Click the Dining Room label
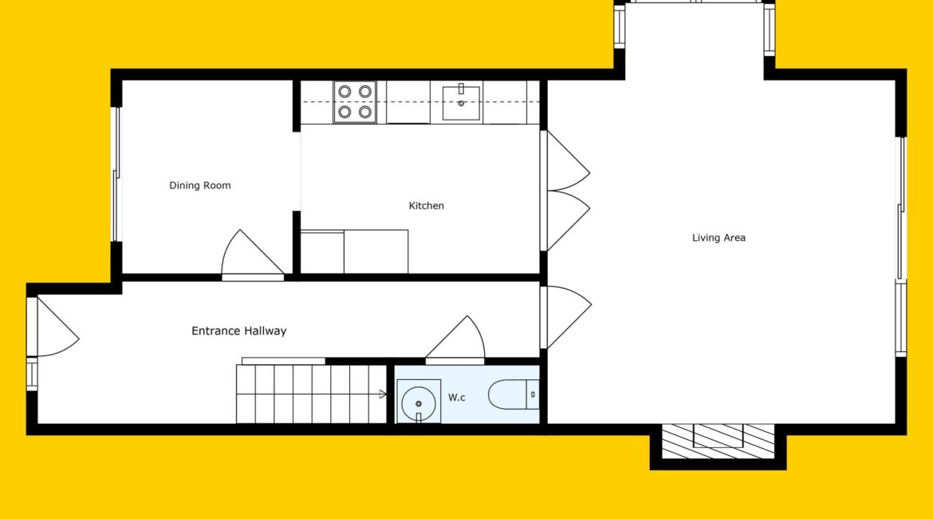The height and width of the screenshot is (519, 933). coord(200,185)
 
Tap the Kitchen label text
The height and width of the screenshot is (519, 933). coord(426,205)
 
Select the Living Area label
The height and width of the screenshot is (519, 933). coord(718,238)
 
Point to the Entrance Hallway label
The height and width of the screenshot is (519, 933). coord(238,331)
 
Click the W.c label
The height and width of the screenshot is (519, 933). coord(456,398)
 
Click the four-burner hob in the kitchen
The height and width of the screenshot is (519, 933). coord(355,102)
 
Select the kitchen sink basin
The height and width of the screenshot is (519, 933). coord(461,103)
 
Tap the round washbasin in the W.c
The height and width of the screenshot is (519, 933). coord(419,403)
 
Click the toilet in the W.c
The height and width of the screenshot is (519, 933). coord(514,394)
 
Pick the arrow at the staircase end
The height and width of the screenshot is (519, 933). coord(384,394)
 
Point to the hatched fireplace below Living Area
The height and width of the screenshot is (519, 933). coord(718,442)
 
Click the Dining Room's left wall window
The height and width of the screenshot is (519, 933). coord(116,175)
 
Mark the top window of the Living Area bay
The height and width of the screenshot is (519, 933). coord(695,2)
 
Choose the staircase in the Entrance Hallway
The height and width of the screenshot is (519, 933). coord(312,394)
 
